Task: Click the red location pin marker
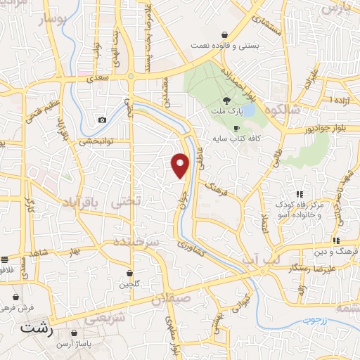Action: click(181, 165)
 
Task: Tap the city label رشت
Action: click(37, 328)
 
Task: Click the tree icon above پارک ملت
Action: click(226, 101)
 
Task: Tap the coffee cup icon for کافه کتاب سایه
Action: click(237, 128)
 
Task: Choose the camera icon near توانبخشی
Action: click(103, 120)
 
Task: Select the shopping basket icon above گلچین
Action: click(130, 273)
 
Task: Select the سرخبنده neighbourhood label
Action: click(138, 241)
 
